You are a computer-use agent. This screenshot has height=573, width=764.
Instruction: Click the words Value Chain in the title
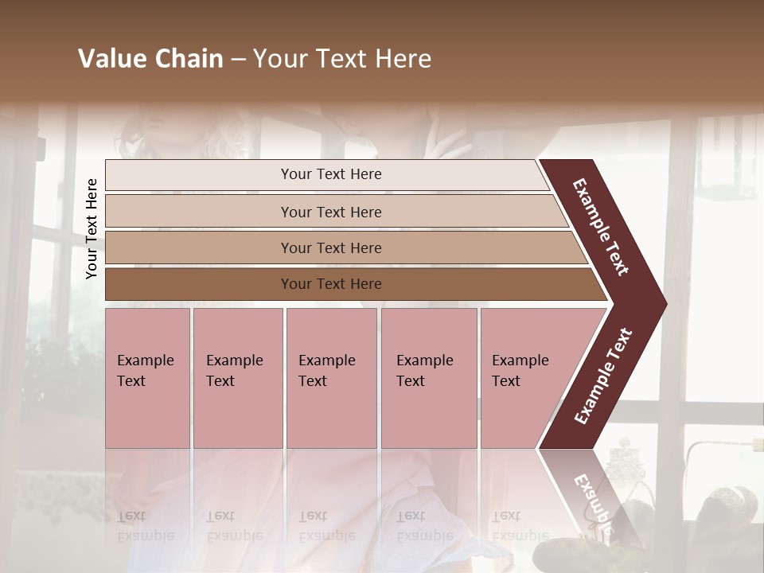coord(150,59)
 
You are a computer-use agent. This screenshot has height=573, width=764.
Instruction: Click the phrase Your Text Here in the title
coord(342,59)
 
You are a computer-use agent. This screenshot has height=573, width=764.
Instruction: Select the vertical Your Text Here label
coord(92,228)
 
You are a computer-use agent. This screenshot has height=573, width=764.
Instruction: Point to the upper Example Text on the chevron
coord(601,227)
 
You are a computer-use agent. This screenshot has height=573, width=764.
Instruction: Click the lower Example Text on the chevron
coord(603,376)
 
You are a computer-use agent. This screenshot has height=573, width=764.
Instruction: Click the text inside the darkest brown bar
coord(331,284)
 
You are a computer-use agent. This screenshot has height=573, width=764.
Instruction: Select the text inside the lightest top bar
coord(331,174)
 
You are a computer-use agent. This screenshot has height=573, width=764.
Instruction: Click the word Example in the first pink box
coord(145,361)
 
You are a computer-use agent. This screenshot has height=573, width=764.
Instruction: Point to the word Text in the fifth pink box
coord(505,381)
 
